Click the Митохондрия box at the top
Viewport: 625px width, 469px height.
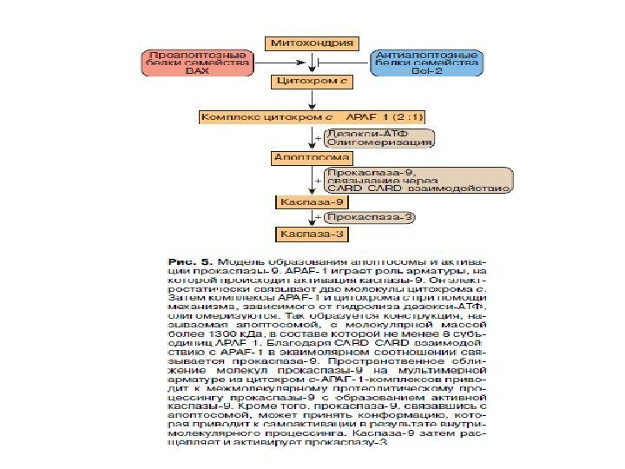312,42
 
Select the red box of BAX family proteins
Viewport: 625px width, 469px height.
197,63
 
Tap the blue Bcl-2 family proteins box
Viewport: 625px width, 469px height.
426,63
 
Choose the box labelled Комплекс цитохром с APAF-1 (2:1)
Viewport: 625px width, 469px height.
313,116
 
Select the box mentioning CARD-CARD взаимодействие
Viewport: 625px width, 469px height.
417,180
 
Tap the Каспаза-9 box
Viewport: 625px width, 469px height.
301,202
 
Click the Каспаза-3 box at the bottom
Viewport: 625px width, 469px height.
301,234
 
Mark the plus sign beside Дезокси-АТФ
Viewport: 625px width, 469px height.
317,137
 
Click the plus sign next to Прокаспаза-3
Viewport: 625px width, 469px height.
318,216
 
